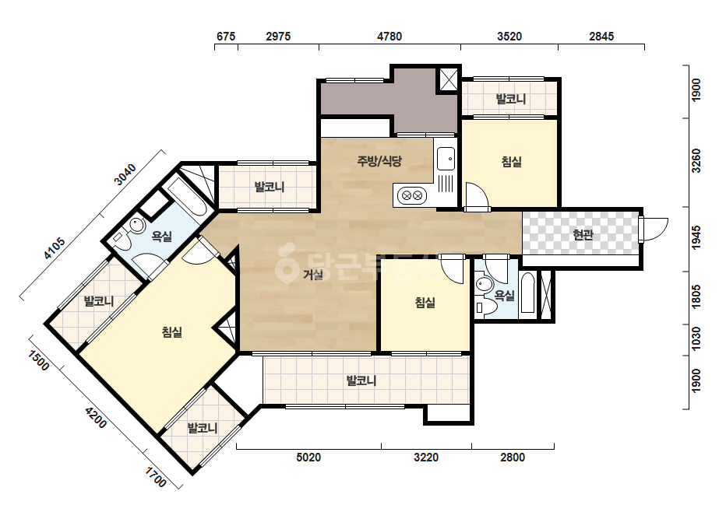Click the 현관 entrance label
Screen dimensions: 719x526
point(583,234)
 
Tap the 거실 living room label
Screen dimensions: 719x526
point(312,275)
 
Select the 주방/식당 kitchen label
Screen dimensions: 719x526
point(379,161)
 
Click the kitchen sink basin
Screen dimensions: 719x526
point(446,159)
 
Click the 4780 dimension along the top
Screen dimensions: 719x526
point(389,37)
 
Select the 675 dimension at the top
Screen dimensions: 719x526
point(226,37)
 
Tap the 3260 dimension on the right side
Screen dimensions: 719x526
point(696,160)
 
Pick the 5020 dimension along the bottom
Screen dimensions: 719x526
point(308,457)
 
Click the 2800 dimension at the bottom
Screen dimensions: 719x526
point(513,457)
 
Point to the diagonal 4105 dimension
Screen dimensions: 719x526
point(54,248)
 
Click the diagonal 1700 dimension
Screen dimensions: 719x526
point(156,477)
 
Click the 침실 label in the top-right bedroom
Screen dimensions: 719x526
point(511,161)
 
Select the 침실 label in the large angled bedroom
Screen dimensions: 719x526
point(172,331)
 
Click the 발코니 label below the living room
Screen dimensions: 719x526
point(361,380)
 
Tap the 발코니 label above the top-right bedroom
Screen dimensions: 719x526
point(510,99)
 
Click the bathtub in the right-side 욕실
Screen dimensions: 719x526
point(528,293)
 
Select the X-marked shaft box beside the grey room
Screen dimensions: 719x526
point(448,79)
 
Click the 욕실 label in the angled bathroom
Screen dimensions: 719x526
point(162,237)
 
